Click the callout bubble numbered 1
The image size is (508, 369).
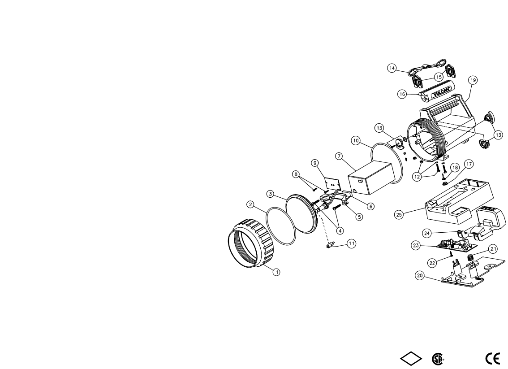coord(276,272)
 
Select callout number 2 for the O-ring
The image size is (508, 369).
coord(250,204)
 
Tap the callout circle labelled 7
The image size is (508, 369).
coord(339,156)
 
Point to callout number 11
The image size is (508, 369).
coord(352,243)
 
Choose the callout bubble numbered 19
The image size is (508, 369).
coord(473,80)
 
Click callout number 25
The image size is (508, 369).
coord(399,215)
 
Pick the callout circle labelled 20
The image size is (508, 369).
coord(420,276)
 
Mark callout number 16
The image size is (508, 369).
coord(402,94)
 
